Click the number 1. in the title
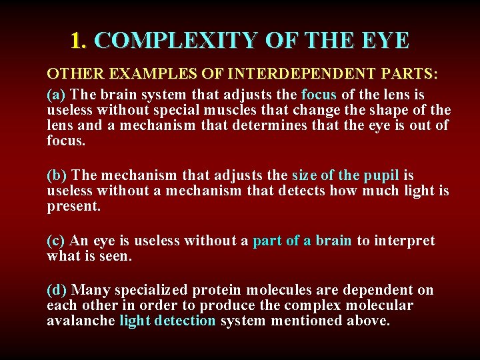[x=79, y=41]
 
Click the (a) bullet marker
[x=57, y=95]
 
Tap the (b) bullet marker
[x=57, y=175]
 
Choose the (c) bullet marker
[x=57, y=241]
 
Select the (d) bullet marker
[x=57, y=290]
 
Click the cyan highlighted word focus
[x=319, y=95]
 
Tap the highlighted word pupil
[x=381, y=175]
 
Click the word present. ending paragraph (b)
[x=73, y=207]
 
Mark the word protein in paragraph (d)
[x=218, y=290]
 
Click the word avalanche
[x=81, y=321]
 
